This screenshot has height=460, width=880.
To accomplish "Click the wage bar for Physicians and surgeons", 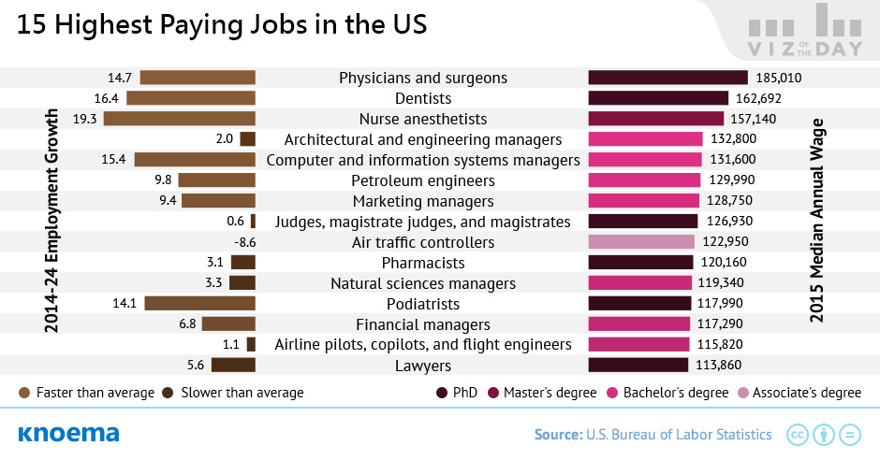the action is [667, 78].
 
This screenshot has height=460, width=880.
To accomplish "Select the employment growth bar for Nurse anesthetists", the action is [180, 118].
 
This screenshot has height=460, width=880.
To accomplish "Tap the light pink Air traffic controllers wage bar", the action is [641, 241].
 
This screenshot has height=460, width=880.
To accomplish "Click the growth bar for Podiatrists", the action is [199, 303].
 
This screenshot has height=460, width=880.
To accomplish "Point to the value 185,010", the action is [779, 78].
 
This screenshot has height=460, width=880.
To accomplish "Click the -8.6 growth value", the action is [244, 242].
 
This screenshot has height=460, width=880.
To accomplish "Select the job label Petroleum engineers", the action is [423, 180].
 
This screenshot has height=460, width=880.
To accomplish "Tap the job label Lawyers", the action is [423, 366].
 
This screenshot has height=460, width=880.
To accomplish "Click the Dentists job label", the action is [423, 98].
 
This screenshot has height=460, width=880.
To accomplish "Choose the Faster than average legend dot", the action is [24, 393].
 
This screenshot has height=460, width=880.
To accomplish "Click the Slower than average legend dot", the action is [168, 393].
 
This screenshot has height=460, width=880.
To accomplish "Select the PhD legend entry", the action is [457, 393].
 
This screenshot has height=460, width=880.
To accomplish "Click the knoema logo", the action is [68, 434].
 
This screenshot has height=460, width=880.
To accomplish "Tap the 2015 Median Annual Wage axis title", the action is [816, 221].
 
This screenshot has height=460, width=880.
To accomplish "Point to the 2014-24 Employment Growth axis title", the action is [51, 221].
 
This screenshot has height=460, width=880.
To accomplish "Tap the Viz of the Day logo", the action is [805, 31].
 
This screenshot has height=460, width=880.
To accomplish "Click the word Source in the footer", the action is [558, 434].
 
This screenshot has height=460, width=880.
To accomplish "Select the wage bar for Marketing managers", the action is [644, 201].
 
